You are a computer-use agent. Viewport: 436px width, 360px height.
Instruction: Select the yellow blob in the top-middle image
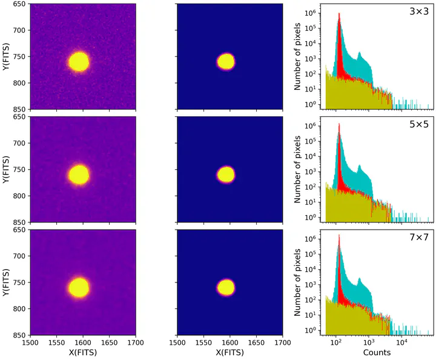[226, 61]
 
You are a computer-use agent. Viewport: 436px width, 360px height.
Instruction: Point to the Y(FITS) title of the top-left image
[5, 56]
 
